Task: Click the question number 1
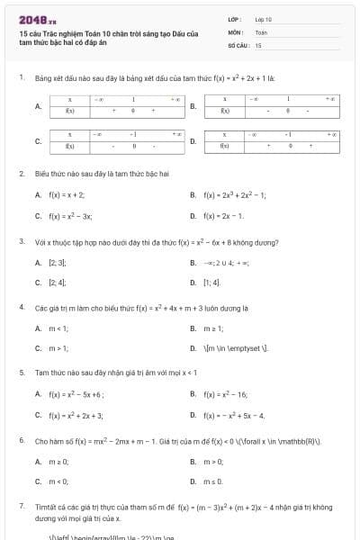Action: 21,78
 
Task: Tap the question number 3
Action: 21,241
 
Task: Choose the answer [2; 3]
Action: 58,263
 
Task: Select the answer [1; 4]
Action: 211,283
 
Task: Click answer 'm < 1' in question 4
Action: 58,328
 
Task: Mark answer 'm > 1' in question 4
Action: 58,348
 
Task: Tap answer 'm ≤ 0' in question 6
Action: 213,481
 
